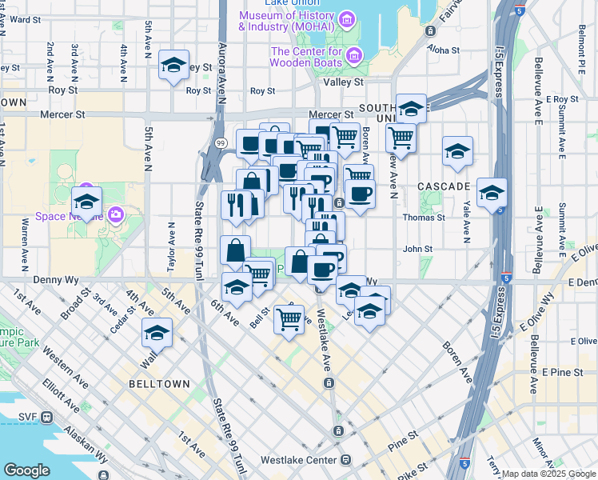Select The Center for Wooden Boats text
click(305, 57)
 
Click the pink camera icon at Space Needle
click(117, 214)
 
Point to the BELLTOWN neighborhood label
click(159, 384)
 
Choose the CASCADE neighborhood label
click(444, 186)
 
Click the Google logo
click(26, 470)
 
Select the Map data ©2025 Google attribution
click(549, 474)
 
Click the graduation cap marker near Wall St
click(157, 333)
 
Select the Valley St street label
click(342, 82)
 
